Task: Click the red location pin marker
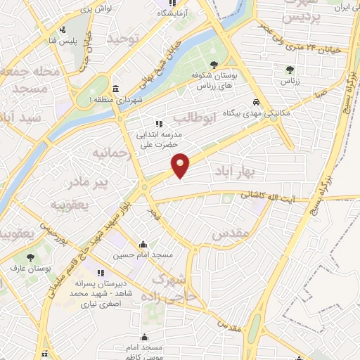click(x=181, y=165)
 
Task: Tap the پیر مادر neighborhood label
click(x=88, y=184)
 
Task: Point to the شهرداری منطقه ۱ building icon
click(x=116, y=89)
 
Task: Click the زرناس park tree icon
click(x=290, y=69)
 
